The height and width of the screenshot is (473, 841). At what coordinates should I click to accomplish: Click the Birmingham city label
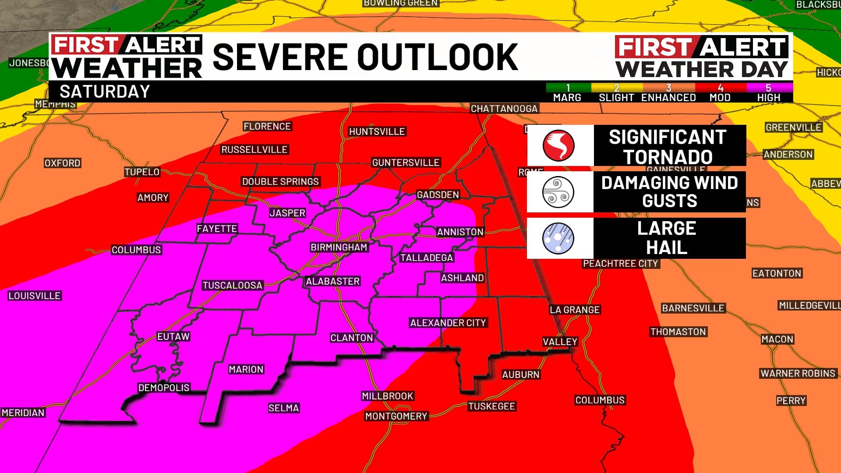[339, 247]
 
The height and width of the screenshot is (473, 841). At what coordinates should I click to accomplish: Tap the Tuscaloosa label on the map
[232, 286]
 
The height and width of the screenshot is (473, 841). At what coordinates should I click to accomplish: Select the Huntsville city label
[377, 131]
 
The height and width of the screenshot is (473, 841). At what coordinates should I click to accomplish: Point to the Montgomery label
[396, 416]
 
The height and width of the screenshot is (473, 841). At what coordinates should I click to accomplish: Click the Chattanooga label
[504, 109]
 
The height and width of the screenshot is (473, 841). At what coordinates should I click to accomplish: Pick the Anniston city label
[460, 232]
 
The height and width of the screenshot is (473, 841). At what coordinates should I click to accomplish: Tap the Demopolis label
[164, 388]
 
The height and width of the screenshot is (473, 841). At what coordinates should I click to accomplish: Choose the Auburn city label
[521, 375]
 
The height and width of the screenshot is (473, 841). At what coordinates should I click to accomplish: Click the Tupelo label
[142, 172]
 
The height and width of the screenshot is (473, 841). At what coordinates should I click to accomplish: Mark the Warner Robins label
[798, 374]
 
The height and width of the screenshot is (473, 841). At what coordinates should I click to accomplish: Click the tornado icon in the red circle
[558, 145]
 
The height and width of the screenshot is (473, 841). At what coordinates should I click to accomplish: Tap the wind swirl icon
[558, 192]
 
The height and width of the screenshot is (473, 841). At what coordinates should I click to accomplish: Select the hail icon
[558, 238]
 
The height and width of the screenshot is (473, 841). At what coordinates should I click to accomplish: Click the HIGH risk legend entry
[769, 93]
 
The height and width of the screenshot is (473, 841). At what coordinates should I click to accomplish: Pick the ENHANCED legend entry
[668, 93]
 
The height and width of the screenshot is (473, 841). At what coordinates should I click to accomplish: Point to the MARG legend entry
[567, 93]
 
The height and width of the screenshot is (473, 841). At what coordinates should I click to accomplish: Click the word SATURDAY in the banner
[105, 92]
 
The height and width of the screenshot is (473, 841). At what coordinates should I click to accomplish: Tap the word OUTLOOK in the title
[438, 57]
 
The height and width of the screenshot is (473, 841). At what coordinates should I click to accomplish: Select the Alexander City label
[448, 323]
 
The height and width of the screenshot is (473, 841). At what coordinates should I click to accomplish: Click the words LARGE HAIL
[667, 238]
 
